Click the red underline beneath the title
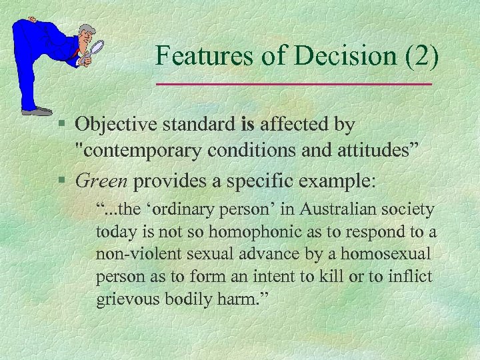[x=293, y=84]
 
